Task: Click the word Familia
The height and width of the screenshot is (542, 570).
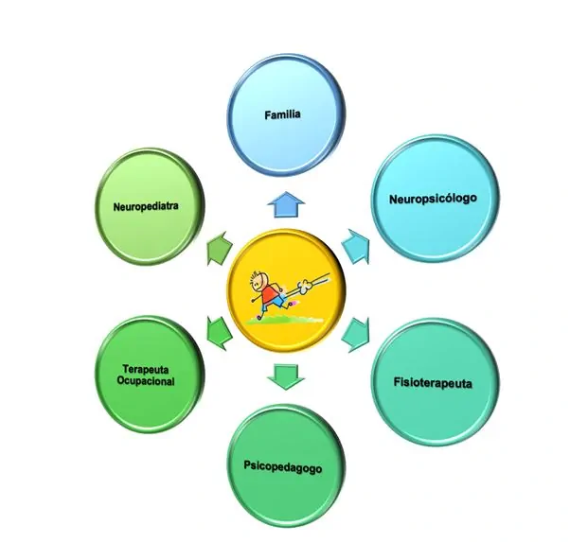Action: point(282,115)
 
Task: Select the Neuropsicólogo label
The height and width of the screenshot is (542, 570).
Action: point(432,199)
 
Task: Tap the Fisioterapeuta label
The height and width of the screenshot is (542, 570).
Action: point(432,383)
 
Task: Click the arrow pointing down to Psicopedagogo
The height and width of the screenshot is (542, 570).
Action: point(283,376)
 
